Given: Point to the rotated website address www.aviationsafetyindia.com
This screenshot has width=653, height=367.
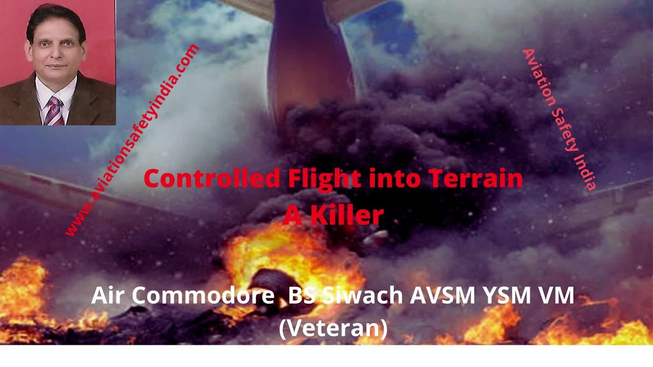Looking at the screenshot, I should point(132,140).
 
